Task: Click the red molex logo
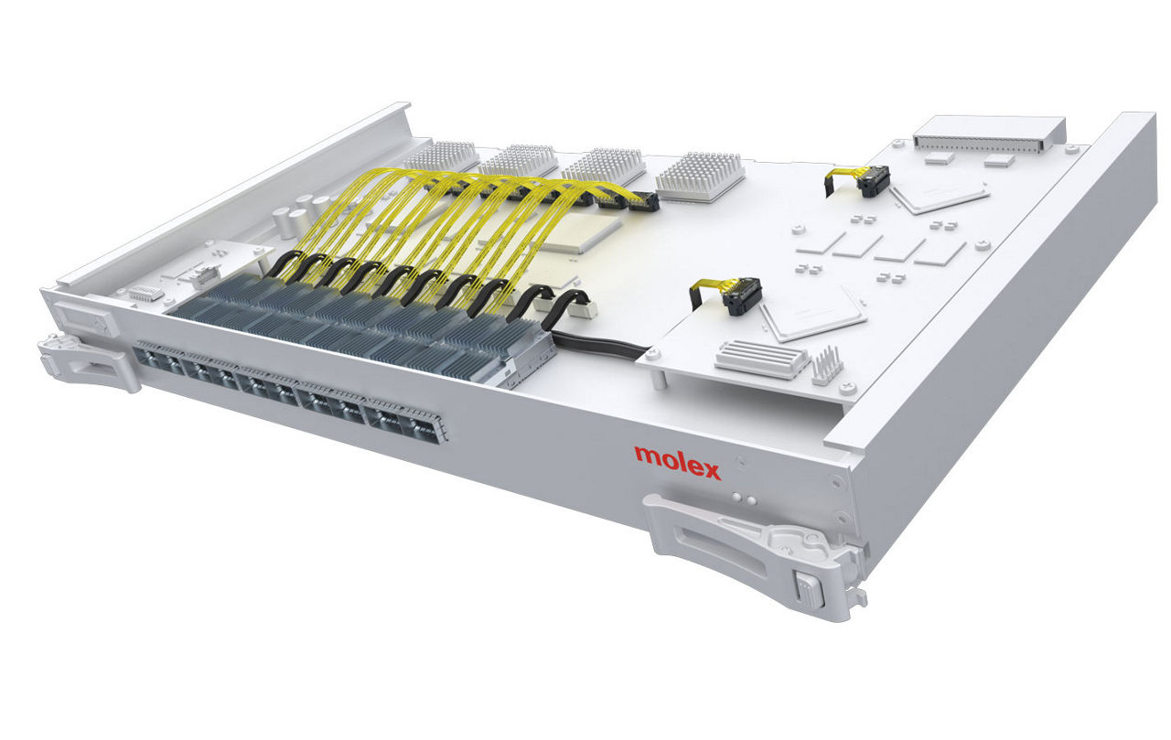677,462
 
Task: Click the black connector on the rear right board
872,182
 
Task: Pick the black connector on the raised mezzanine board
742,295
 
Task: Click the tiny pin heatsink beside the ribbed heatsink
826,364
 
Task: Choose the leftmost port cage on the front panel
156,359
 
